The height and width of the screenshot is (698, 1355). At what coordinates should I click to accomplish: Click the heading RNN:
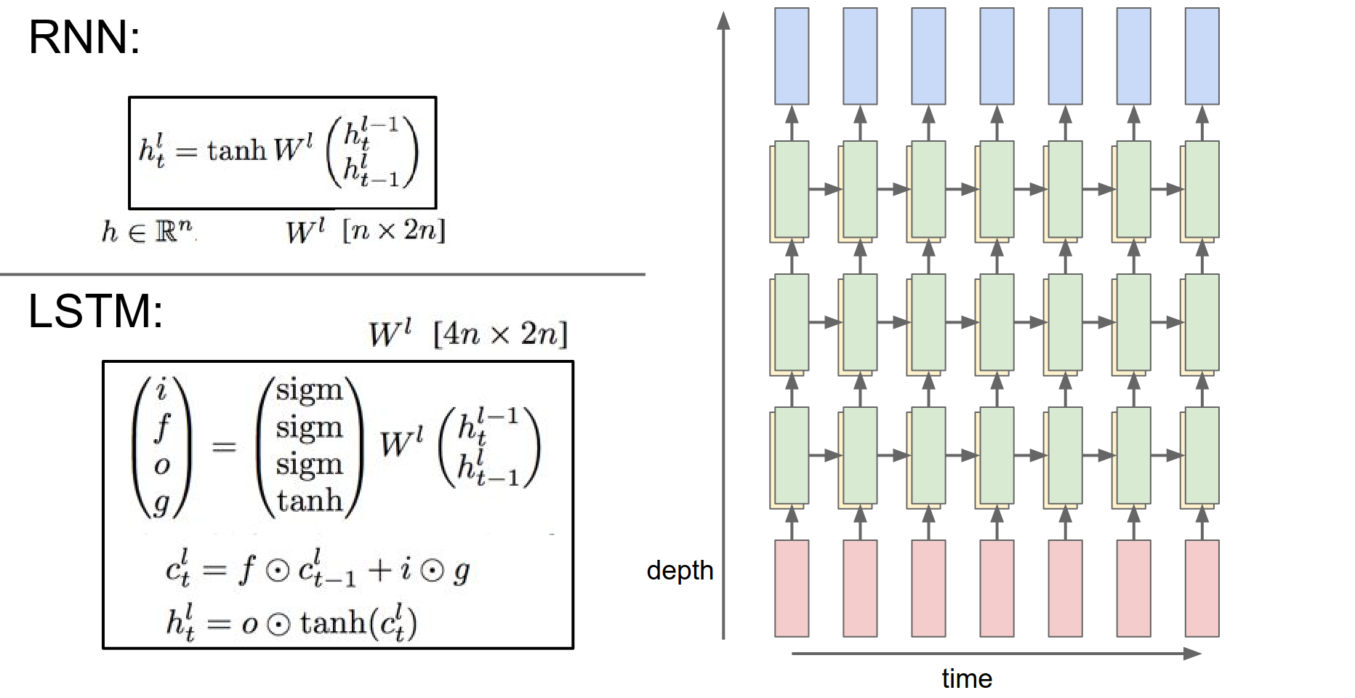pyautogui.click(x=84, y=37)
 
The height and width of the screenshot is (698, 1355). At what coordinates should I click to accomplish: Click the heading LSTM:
pyautogui.click(x=95, y=311)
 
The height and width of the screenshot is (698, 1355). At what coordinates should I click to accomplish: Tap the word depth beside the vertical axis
pyautogui.click(x=680, y=571)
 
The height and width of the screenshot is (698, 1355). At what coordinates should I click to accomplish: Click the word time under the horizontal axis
pyautogui.click(x=966, y=679)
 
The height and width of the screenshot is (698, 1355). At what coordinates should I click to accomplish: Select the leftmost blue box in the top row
pyautogui.click(x=792, y=56)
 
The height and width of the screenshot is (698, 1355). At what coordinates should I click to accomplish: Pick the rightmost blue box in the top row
pyautogui.click(x=1202, y=56)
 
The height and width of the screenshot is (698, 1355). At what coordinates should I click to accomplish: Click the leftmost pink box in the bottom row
pyautogui.click(x=792, y=588)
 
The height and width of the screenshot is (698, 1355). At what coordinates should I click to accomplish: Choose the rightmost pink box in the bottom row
pyautogui.click(x=1202, y=588)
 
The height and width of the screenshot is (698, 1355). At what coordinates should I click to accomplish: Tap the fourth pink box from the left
pyautogui.click(x=997, y=588)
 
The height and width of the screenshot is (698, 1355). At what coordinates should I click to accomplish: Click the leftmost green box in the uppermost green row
pyautogui.click(x=792, y=189)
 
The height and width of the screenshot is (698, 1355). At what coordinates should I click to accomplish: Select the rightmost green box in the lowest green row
pyautogui.click(x=1202, y=455)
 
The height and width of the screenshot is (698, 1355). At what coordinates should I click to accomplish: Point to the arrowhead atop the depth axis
pyautogui.click(x=723, y=20)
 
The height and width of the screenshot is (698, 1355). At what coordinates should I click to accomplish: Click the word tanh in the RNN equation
pyautogui.click(x=237, y=151)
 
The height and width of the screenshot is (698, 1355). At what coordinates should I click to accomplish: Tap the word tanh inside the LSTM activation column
pyautogui.click(x=310, y=501)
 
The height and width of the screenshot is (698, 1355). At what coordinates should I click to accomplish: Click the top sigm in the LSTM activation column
pyautogui.click(x=309, y=390)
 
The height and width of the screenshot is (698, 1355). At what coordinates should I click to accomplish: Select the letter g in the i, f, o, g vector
pyautogui.click(x=161, y=502)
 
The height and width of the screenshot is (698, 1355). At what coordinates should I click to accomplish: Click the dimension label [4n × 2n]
pyautogui.click(x=500, y=334)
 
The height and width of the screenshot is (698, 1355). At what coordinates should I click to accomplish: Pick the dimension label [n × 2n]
pyautogui.click(x=393, y=230)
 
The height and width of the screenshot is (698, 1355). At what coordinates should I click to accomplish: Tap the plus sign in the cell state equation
pyautogui.click(x=379, y=570)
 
